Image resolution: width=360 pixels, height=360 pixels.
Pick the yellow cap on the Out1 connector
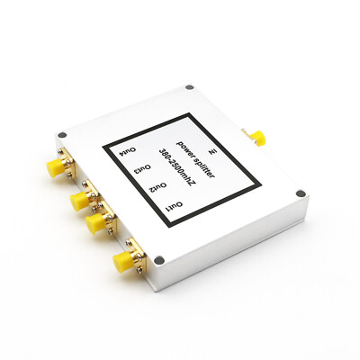pos(121,262)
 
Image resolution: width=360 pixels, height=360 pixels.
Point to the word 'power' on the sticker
pos(185,144)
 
